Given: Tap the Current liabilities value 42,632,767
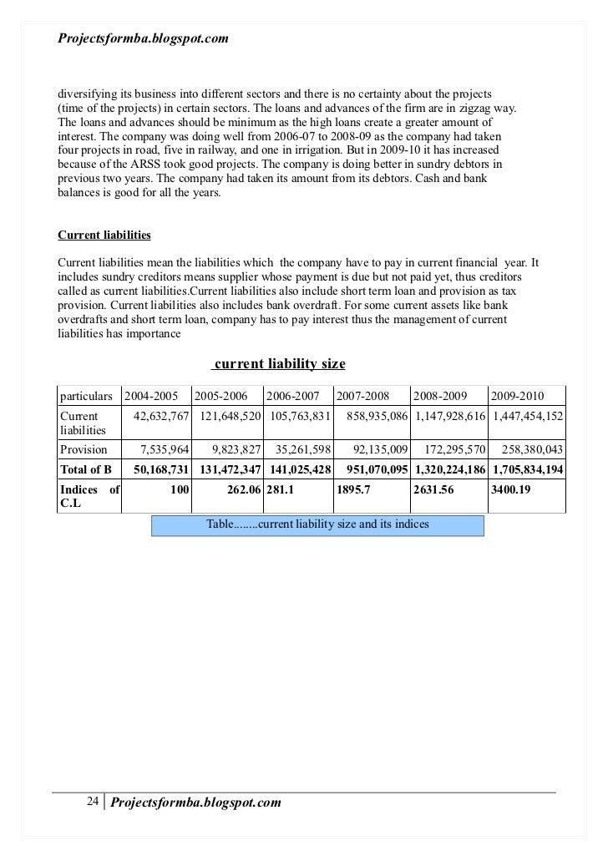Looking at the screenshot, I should point(161,416).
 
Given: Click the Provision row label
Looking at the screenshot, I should point(84,449).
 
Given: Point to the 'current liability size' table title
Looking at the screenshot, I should point(280,364).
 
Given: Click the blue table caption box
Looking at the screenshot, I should point(317,524).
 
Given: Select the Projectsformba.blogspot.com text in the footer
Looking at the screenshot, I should point(196,803).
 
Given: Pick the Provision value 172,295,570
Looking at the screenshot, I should point(450,449).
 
